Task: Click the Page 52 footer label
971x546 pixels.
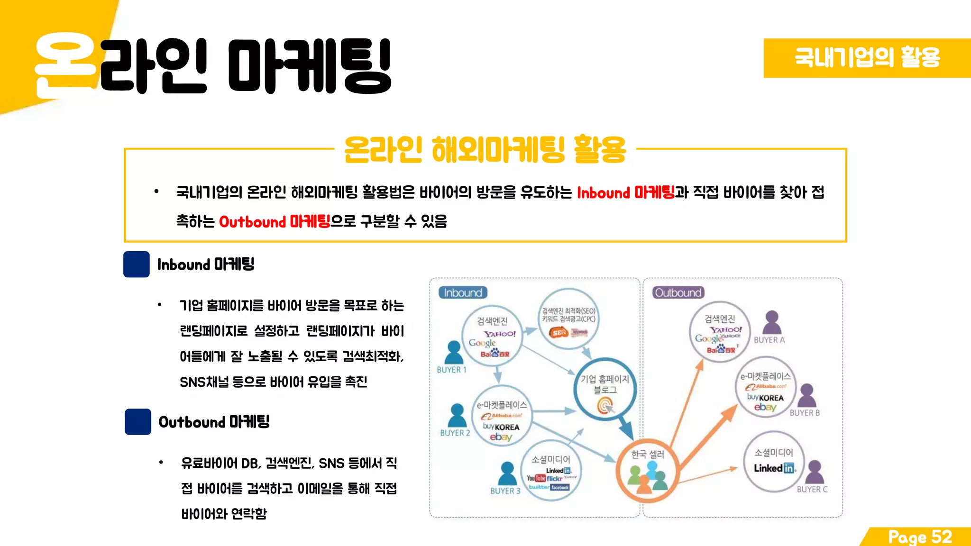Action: point(919,537)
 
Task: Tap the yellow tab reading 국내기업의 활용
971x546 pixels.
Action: point(867,58)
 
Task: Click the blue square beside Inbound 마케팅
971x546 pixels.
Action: point(137,264)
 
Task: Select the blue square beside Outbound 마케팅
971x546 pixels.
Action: point(138,422)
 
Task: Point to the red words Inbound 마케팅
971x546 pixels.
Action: point(625,192)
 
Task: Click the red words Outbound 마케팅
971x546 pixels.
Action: point(274,221)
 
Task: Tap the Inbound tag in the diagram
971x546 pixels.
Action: point(463,293)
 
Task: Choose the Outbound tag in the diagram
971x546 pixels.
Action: point(678,293)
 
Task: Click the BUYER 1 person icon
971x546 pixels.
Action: point(454,353)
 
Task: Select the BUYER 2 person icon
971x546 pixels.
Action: point(457,416)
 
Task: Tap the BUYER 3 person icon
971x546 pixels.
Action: point(507,473)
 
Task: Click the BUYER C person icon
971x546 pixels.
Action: point(815,472)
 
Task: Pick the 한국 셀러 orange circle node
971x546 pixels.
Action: point(647,470)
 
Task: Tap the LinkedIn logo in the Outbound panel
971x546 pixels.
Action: point(774,468)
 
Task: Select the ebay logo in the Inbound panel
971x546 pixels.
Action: point(501,437)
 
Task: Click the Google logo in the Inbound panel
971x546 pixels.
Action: point(482,343)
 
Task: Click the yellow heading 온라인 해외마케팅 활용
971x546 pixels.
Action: point(485,149)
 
